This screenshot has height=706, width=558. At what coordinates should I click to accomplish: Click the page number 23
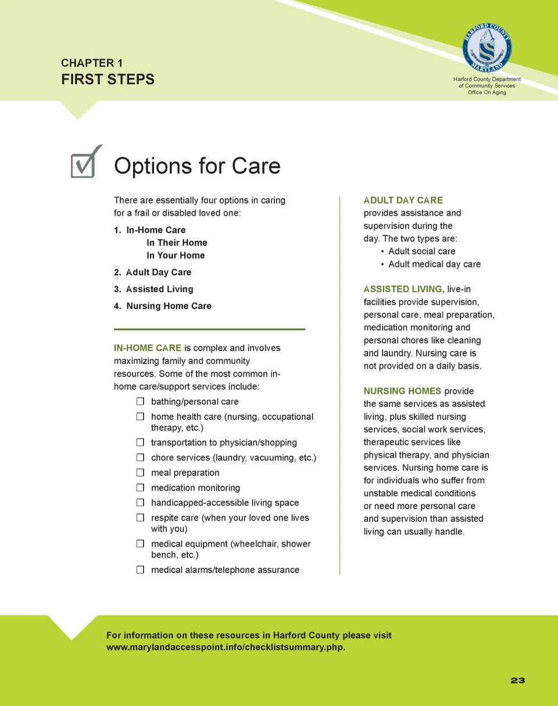click(x=518, y=680)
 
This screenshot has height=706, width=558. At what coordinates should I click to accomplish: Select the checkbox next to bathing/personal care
click(x=140, y=402)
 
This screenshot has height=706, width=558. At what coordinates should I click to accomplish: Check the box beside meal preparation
click(x=140, y=472)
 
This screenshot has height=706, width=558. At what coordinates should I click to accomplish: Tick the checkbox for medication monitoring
click(x=140, y=488)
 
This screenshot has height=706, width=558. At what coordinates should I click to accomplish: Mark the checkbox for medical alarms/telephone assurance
click(x=140, y=570)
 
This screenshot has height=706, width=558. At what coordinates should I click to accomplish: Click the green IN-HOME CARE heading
click(x=148, y=348)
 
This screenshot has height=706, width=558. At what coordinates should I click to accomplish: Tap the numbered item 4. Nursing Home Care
click(x=163, y=306)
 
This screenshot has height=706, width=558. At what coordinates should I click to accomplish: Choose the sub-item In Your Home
click(x=176, y=255)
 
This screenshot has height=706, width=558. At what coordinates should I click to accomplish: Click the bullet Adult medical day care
click(x=434, y=264)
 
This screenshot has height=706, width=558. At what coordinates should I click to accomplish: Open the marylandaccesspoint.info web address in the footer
click(x=226, y=647)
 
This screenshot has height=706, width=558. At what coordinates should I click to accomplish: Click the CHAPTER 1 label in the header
click(x=91, y=63)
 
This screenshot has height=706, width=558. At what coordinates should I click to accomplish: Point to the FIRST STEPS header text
click(x=108, y=79)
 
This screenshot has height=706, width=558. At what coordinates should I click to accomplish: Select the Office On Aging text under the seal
click(x=487, y=92)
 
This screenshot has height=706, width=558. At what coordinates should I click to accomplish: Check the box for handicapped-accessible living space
click(x=140, y=503)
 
